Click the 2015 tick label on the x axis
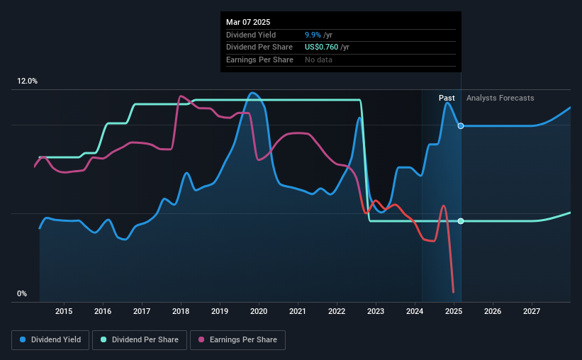point(64,311)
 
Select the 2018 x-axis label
point(181,311)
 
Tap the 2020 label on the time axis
point(259,311)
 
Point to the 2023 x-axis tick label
point(376,311)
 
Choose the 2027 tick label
point(532,311)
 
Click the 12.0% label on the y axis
point(27,81)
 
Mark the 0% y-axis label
point(22,293)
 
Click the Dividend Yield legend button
point(50,340)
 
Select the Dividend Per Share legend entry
point(140,340)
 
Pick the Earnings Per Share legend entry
point(237,340)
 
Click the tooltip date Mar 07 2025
point(248,22)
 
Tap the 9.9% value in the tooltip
point(313,35)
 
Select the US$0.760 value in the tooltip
point(321,47)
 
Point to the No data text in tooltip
point(318,60)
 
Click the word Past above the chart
point(447,98)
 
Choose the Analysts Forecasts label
point(500,98)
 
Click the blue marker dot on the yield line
point(461,126)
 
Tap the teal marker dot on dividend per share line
point(461,221)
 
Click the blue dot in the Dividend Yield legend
point(23,339)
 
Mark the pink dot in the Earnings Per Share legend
point(201,339)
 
